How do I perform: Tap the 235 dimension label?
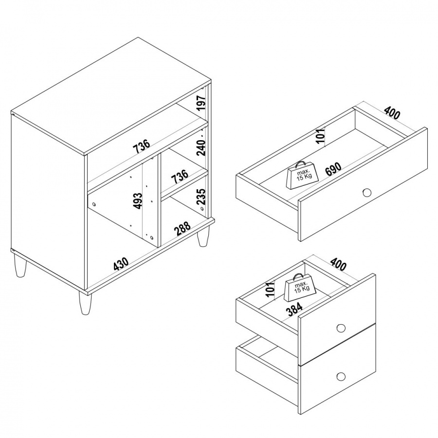201,197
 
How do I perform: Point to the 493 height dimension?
138,201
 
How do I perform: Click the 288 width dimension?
182,229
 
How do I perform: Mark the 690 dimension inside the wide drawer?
333,169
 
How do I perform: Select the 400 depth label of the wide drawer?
392,112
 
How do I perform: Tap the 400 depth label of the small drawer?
338,263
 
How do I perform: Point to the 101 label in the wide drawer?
321,135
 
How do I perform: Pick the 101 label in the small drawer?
271,290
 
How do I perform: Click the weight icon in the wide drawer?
302,175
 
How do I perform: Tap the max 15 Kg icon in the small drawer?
300,288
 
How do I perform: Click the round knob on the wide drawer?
367,192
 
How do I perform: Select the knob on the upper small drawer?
341,328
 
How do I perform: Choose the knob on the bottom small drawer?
341,376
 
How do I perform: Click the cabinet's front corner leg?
85,303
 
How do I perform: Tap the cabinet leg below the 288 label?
202,237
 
